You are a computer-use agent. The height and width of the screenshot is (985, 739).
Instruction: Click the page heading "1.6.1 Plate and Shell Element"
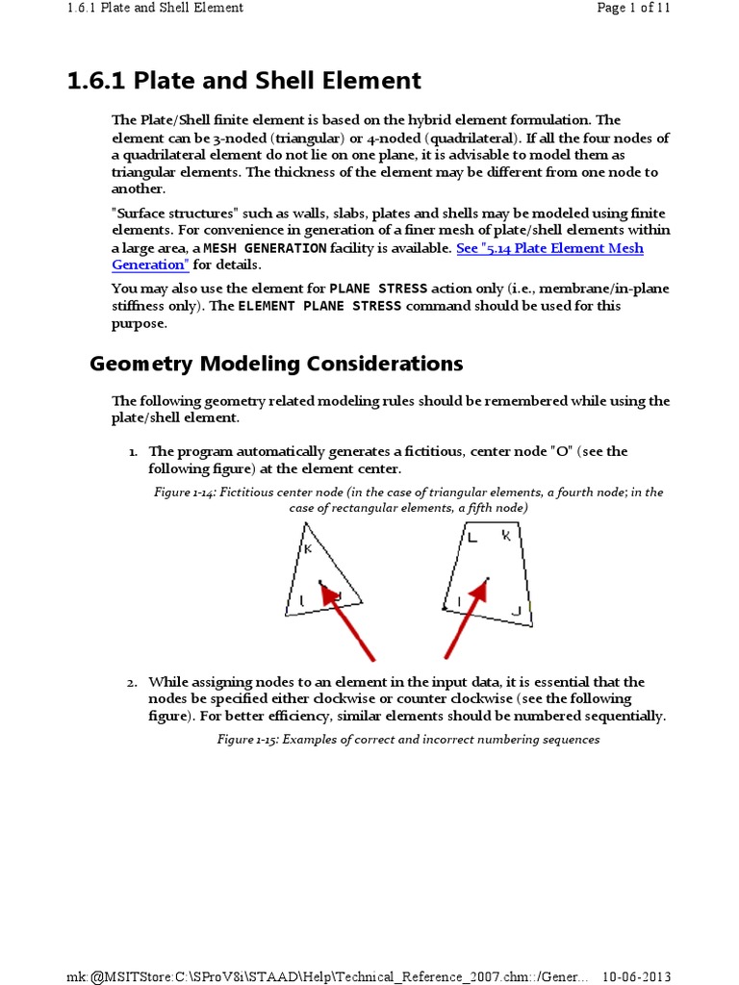(x=243, y=81)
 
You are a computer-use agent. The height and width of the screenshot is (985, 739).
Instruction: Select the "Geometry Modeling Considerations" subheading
(x=276, y=364)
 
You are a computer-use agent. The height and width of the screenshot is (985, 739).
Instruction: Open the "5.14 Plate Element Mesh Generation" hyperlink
(x=549, y=248)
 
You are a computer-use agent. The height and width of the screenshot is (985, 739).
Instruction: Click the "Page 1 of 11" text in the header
(x=633, y=8)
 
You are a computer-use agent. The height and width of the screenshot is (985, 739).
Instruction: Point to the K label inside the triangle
(x=308, y=549)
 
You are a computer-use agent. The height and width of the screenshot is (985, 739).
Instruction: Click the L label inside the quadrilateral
(x=472, y=538)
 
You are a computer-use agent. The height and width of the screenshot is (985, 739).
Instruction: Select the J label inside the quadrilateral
(x=516, y=611)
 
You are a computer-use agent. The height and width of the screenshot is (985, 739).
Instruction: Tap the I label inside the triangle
(x=302, y=601)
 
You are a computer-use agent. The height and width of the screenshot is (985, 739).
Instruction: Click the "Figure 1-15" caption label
(x=245, y=740)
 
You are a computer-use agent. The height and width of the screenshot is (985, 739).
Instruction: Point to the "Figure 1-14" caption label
(x=190, y=492)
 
